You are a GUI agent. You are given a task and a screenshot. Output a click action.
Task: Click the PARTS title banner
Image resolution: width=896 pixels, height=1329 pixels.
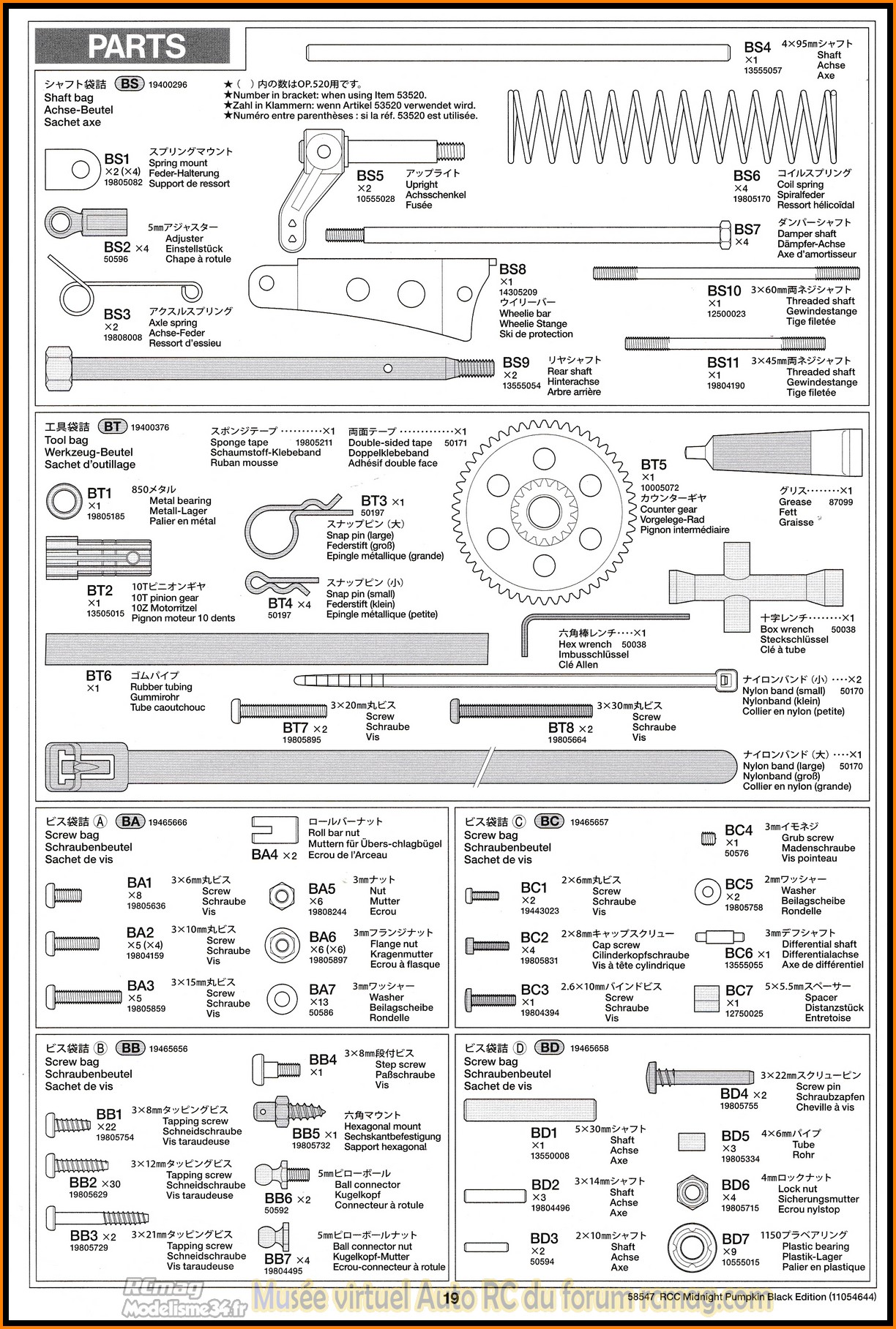tap(132, 46)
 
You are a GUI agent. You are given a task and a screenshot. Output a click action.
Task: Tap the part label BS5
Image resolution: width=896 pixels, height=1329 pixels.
tap(370, 176)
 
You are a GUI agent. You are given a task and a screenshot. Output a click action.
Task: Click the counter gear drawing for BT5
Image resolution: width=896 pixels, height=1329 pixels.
tap(544, 511)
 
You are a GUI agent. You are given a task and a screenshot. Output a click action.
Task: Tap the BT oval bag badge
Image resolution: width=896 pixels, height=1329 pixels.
tap(112, 426)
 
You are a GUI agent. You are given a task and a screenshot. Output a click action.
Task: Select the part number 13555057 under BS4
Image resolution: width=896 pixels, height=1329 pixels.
tap(763, 70)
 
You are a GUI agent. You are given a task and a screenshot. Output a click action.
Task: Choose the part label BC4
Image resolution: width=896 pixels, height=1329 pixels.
tap(739, 830)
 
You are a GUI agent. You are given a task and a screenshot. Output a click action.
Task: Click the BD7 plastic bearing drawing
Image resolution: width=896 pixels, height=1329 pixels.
tap(692, 1249)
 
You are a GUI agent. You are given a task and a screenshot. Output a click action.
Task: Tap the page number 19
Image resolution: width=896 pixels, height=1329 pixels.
tap(452, 1298)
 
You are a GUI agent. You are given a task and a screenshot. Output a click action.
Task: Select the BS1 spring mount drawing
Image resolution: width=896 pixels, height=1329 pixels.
tap(72, 169)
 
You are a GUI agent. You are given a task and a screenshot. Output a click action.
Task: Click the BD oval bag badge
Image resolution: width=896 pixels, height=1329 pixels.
tap(550, 1047)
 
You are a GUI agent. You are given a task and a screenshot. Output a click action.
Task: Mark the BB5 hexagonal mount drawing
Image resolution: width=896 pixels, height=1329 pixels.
tap(289, 1112)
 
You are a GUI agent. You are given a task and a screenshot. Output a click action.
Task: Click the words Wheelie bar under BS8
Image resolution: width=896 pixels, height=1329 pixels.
tap(525, 313)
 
